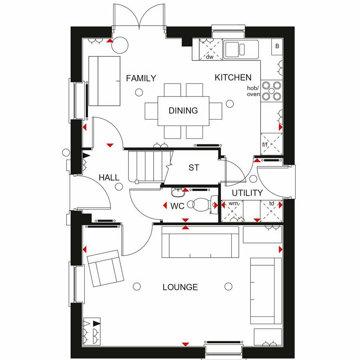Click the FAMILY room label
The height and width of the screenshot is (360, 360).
tap(141, 78)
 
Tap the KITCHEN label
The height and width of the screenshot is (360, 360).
tap(233, 78)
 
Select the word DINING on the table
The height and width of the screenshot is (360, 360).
tap(183, 111)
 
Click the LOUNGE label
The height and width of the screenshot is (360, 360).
tap(180, 287)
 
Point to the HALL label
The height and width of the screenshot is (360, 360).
tap(109, 178)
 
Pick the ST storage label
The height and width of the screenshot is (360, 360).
tap(194, 168)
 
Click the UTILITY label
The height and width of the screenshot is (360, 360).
tap(247, 193)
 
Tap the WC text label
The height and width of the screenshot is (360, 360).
tap(177, 206)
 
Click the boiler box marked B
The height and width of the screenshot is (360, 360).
tap(277, 47)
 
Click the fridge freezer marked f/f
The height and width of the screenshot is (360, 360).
tap(272, 144)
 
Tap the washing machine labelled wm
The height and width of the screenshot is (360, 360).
tap(232, 211)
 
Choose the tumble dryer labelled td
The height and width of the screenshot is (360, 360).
tap(271, 211)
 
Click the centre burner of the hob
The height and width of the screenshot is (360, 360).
tap(272, 91)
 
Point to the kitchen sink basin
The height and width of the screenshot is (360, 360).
tap(232, 50)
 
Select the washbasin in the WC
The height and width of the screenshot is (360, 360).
tap(178, 192)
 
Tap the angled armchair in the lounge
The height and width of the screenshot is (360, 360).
tap(106, 268)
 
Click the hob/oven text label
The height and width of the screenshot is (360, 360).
tap(254, 91)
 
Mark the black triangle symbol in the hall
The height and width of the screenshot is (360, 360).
tap(86, 156)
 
